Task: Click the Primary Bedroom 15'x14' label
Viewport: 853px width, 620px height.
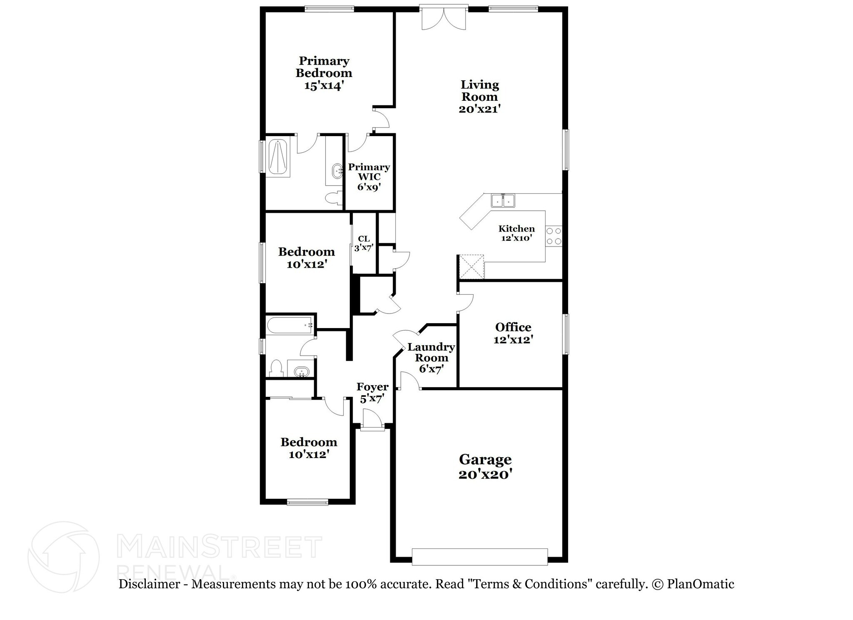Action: point(324,73)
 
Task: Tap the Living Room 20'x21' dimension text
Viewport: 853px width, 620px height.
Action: point(479,109)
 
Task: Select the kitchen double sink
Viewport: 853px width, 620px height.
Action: point(503,201)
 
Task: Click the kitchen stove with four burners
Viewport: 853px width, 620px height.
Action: point(554,236)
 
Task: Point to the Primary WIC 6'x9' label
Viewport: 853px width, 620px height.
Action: point(369,177)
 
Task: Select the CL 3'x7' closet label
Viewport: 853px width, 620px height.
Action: point(364,243)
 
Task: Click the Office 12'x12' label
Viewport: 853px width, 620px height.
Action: point(513,333)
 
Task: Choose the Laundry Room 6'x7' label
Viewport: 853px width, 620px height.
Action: point(431,358)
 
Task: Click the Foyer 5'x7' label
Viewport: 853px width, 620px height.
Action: point(372,393)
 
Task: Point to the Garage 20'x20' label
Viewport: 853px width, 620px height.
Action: point(485,466)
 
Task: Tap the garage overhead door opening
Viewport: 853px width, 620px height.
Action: point(479,557)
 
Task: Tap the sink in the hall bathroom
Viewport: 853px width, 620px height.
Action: point(301,371)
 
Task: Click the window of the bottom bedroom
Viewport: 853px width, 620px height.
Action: point(307,502)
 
